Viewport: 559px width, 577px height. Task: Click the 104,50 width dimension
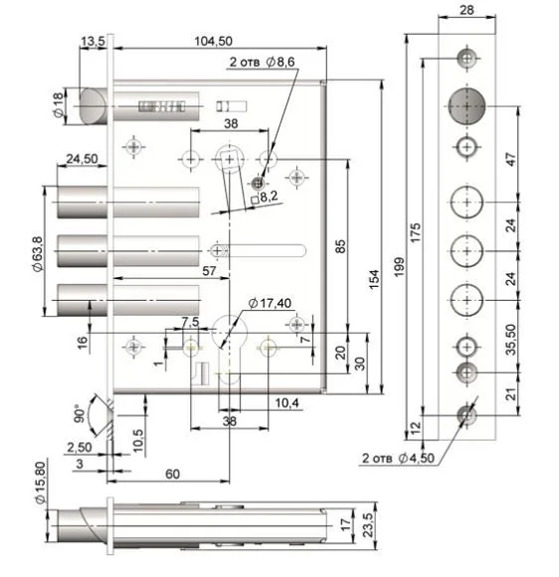(214, 41)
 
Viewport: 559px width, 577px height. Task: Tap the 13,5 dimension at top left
(93, 42)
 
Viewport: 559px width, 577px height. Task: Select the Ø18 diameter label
(59, 105)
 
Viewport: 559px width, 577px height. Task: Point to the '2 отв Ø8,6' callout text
(262, 62)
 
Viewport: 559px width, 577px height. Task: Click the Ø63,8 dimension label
(38, 254)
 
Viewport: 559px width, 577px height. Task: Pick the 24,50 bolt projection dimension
(82, 159)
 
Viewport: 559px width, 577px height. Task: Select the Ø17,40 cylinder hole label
(270, 303)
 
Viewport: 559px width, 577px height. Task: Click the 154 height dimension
(374, 280)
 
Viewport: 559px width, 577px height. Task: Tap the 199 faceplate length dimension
(399, 267)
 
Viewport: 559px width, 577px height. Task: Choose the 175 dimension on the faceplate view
(416, 232)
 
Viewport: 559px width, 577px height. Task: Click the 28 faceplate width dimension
(466, 10)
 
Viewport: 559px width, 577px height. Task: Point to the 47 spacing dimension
(511, 159)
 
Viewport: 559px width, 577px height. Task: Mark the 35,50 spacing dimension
(511, 340)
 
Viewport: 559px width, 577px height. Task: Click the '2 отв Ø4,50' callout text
(398, 458)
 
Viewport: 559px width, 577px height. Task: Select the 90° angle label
(79, 413)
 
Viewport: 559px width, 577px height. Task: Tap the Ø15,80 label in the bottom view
(40, 483)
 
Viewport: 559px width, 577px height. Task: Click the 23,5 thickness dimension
(368, 525)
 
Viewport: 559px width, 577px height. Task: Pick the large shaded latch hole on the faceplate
(466, 106)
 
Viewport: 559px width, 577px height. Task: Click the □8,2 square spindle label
(265, 198)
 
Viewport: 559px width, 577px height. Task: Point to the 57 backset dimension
(209, 271)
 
